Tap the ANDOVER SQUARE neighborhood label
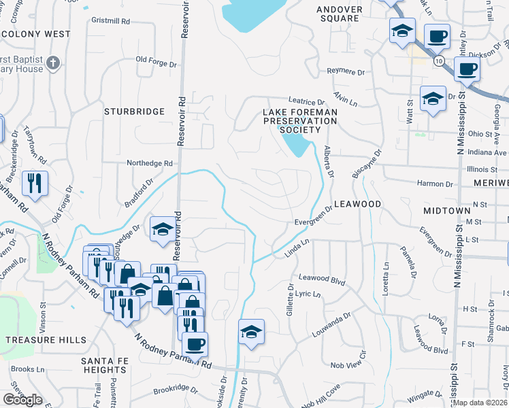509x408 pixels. click(338, 14)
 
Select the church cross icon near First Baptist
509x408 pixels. click(53, 65)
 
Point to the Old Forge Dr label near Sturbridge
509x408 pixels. click(157, 59)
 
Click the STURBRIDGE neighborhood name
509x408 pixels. click(135, 111)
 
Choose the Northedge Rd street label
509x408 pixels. click(150, 163)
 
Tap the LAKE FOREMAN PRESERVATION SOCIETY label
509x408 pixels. click(300, 120)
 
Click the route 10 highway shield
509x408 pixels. click(440, 61)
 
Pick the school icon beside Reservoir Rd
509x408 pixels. click(163, 230)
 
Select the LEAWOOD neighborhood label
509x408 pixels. click(357, 204)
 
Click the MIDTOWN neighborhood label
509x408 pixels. click(446, 211)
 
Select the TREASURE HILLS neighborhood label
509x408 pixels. click(46, 340)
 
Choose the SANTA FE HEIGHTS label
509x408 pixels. click(103, 364)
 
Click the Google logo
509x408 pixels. click(22, 400)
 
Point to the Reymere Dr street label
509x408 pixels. click(346, 71)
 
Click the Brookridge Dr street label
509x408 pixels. click(175, 391)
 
